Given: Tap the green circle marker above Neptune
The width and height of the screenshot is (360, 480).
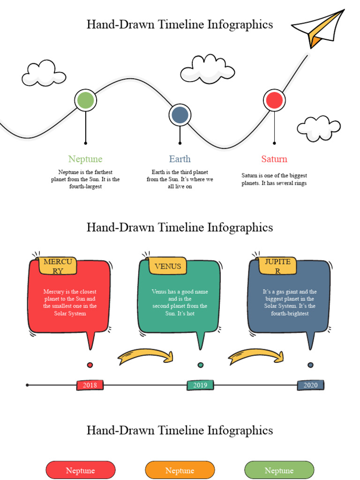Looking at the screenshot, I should pyautogui.click(x=85, y=100).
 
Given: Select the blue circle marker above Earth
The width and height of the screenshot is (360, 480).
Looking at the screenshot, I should pyautogui.click(x=180, y=115).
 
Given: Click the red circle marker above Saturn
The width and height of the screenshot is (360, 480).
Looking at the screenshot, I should pyautogui.click(x=274, y=100).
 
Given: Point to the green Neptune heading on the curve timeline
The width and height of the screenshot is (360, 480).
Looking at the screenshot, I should pyautogui.click(x=85, y=159).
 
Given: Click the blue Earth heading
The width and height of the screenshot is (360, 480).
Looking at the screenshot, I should pyautogui.click(x=180, y=159).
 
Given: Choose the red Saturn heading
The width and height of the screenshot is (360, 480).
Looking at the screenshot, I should pyautogui.click(x=274, y=159).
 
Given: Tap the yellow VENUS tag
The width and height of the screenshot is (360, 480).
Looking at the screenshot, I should pyautogui.click(x=168, y=266).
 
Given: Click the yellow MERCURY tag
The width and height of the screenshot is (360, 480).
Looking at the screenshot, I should pyautogui.click(x=58, y=266).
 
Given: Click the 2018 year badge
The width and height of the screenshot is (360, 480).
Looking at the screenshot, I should pyautogui.click(x=90, y=385).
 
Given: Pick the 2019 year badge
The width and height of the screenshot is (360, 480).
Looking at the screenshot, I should pyautogui.click(x=200, y=385).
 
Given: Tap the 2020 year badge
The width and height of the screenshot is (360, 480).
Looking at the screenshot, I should pyautogui.click(x=310, y=385).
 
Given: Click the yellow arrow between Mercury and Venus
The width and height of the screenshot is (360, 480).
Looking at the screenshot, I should pyautogui.click(x=146, y=356).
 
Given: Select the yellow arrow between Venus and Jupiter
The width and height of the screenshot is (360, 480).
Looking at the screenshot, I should pyautogui.click(x=256, y=356).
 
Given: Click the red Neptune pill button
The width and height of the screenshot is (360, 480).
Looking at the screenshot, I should pyautogui.click(x=81, y=470).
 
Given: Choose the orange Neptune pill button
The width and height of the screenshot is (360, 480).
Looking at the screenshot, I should pyautogui.click(x=180, y=470).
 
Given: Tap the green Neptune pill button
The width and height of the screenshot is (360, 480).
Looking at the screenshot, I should pyautogui.click(x=279, y=470).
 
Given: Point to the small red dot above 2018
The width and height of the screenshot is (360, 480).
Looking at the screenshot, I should pyautogui.click(x=90, y=365).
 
